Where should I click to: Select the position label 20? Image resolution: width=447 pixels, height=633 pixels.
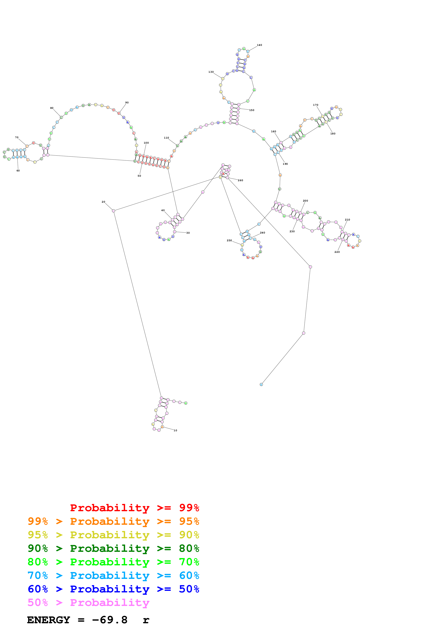pyautogui.click(x=103, y=202)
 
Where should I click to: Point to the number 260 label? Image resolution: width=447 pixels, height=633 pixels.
pyautogui.click(x=240, y=180)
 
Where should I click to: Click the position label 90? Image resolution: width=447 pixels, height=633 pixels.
pyautogui.click(x=127, y=102)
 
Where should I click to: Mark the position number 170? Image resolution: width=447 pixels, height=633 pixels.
pyautogui.click(x=315, y=105)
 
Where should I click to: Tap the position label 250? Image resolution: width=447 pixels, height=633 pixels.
pyautogui.click(x=229, y=240)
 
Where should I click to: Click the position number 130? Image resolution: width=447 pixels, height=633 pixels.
pyautogui.click(x=211, y=72)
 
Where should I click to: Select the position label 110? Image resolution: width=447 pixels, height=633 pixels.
pyautogui.click(x=166, y=138)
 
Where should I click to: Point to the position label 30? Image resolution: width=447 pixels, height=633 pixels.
pyautogui.click(x=188, y=233)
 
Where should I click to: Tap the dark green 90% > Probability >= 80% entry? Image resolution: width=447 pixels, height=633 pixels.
pyautogui.click(x=113, y=548)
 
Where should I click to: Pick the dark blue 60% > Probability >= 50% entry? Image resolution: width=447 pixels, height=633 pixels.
pyautogui.click(x=113, y=589)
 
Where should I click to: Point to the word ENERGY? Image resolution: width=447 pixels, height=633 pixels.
pyautogui.click(x=49, y=620)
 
